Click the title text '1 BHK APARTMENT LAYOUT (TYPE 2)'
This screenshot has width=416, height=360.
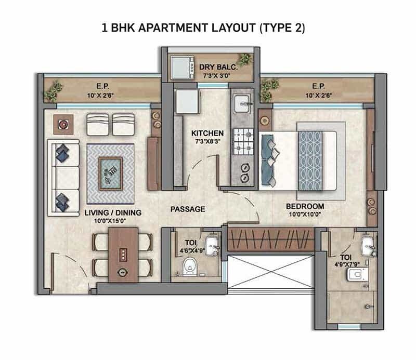click(203, 28)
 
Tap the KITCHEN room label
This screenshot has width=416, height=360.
click(207, 133)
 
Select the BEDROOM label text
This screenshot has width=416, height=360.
click(305, 206)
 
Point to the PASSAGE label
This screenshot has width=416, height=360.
click(188, 209)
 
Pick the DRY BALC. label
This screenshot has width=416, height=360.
click(218, 67)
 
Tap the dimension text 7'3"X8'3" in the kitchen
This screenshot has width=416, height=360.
click(207, 142)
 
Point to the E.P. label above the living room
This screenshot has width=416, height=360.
click(101, 87)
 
